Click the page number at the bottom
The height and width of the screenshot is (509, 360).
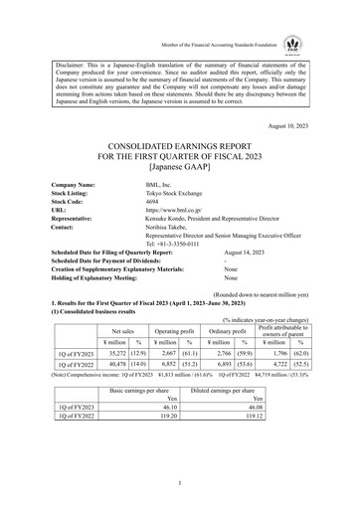tap(180, 483)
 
